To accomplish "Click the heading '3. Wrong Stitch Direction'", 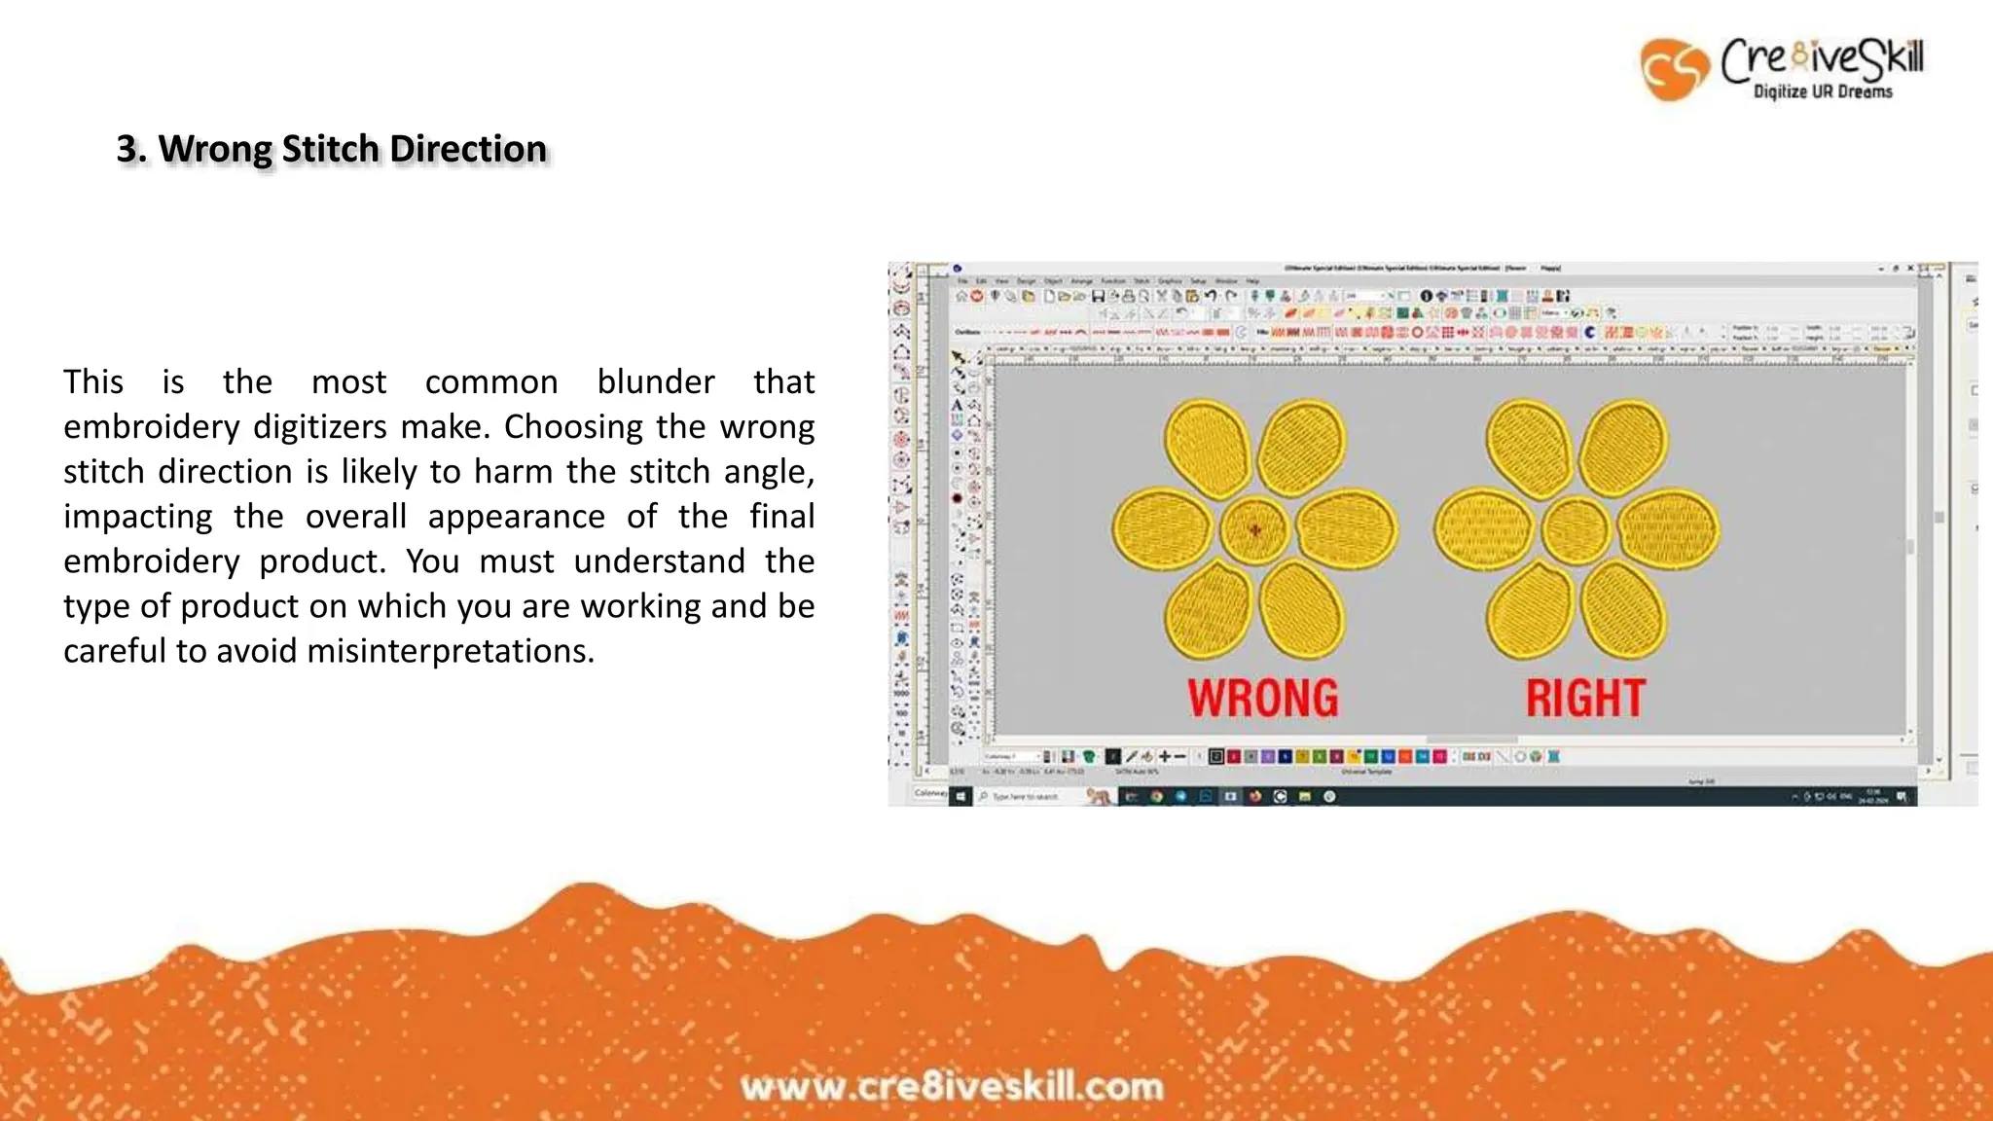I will click(332, 149).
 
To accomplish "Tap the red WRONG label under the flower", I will click(1262, 698).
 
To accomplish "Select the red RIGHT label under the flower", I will click(1585, 698).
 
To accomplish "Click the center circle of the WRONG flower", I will click(1254, 530).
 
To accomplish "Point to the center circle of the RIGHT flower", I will click(1576, 530).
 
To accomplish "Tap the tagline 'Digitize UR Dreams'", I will click(1823, 91).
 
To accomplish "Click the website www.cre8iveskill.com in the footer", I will click(952, 1086).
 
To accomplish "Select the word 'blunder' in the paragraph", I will click(656, 381).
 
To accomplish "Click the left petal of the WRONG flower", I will click(1164, 530).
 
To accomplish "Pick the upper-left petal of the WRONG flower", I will click(1209, 449).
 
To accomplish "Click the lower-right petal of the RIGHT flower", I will click(1623, 610).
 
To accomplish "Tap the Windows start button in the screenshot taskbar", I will click(960, 796).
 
